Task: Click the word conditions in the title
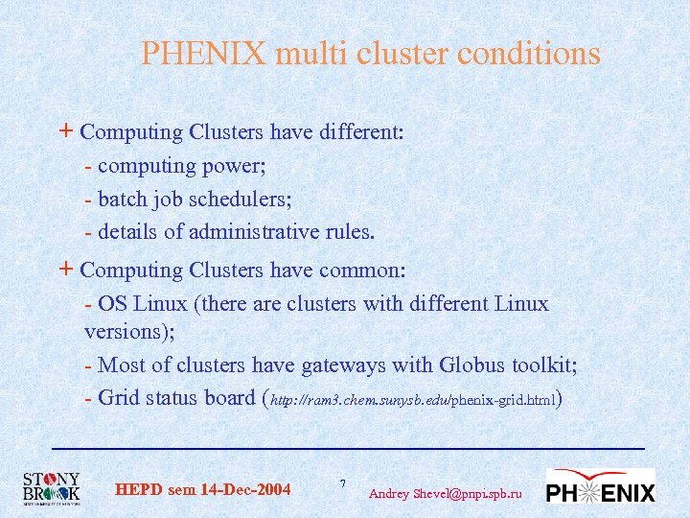pyautogui.click(x=529, y=54)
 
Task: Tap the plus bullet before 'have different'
pyautogui.click(x=64, y=131)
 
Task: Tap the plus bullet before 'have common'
pyautogui.click(x=64, y=270)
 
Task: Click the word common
pyautogui.click(x=362, y=271)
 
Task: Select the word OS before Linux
pyautogui.click(x=113, y=304)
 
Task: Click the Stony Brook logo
pyautogui.click(x=52, y=488)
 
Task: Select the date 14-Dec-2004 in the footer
pyautogui.click(x=245, y=490)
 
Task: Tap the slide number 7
pyautogui.click(x=343, y=482)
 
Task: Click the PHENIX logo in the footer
pyautogui.click(x=601, y=487)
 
